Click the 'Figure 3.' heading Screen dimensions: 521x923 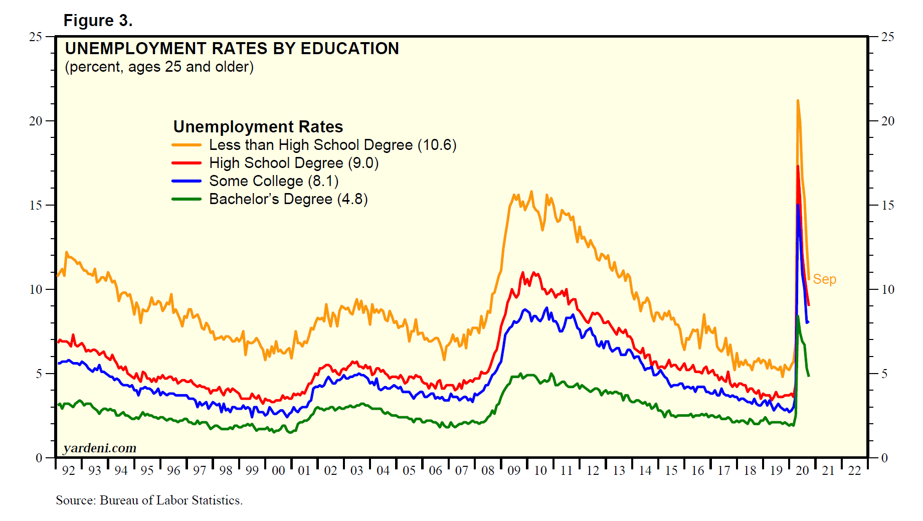coord(98,21)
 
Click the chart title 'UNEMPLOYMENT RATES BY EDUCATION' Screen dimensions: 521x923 coord(232,49)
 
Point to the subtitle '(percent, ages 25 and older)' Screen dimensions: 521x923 coord(159,67)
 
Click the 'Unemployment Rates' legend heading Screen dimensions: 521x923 coord(258,127)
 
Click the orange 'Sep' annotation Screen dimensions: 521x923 coord(824,279)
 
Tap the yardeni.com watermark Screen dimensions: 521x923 coord(100,448)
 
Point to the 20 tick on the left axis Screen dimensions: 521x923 coord(36,121)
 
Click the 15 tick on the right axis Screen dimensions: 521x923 coord(887,205)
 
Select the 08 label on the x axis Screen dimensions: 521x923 coord(487,471)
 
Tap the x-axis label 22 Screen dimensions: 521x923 coord(854,471)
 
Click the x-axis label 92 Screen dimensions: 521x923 coord(68,471)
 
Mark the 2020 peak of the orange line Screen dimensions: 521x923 coord(797,101)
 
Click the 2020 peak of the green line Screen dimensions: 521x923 coord(798,316)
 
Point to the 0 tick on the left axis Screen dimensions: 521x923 coord(39,458)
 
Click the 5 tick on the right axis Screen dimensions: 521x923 coord(884,374)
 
